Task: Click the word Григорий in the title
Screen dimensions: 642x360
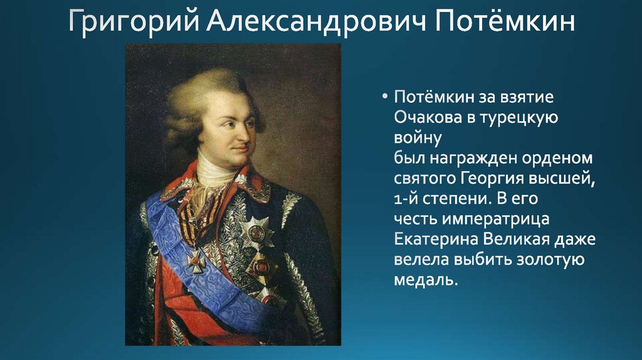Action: [x=134, y=21]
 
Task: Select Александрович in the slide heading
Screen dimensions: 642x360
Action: [x=316, y=21]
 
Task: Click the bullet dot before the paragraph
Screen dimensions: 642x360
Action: [x=384, y=97]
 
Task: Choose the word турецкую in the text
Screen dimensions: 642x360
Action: [x=518, y=118]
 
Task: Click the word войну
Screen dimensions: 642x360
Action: [x=418, y=138]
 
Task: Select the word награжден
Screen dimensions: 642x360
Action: [x=471, y=159]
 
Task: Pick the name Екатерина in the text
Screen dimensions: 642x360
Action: [x=436, y=239]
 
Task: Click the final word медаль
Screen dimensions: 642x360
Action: [x=426, y=280]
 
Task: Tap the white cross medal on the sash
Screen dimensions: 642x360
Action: [x=196, y=260]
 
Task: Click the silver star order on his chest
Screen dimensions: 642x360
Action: [x=256, y=232]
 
